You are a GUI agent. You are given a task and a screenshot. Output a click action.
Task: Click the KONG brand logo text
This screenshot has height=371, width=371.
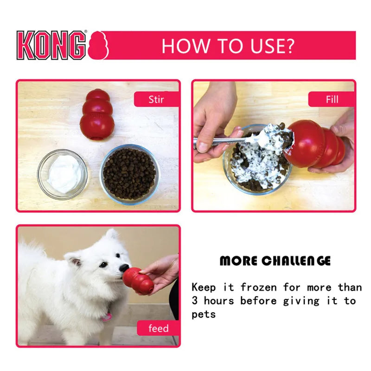pos(51,45)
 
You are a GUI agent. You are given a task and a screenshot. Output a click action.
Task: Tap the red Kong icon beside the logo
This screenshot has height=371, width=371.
pos(99,45)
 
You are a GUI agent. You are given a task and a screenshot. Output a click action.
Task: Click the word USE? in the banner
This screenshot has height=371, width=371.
pos(270,46)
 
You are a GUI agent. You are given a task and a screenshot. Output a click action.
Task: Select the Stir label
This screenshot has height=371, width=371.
pos(156,99)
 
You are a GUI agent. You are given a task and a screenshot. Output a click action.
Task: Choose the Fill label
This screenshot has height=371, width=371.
pos(332,99)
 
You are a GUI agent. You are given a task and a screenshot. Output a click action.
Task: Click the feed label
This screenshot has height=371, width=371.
pos(158,329)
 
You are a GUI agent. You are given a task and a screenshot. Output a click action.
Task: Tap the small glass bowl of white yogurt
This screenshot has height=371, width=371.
pos(62,174)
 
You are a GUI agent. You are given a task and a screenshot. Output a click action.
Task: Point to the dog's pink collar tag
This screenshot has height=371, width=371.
pos(107,317)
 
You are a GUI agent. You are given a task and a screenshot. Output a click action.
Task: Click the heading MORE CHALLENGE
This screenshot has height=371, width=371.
pos(275,261)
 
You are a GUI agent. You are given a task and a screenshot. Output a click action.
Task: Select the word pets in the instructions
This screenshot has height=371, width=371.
pos(204,314)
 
